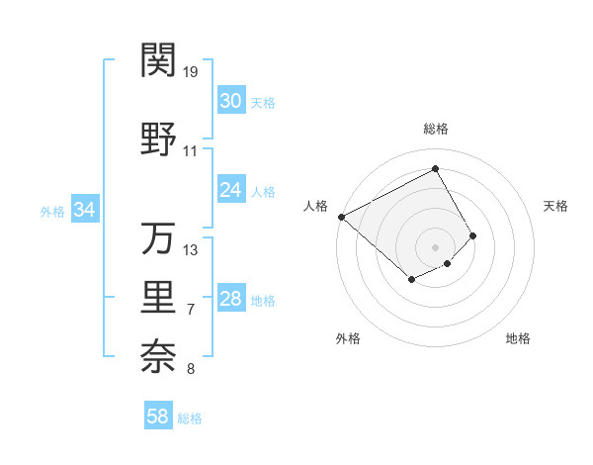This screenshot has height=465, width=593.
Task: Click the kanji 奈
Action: (x=159, y=356)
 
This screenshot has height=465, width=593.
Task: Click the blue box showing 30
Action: (x=231, y=101)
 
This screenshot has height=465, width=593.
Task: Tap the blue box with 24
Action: (x=231, y=190)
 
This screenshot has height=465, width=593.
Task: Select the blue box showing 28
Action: (x=231, y=299)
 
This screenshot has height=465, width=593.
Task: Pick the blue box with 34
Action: (x=85, y=210)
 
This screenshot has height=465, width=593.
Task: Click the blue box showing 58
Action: (x=158, y=417)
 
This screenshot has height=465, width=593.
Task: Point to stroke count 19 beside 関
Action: (x=192, y=72)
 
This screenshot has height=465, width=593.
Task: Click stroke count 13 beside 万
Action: (x=192, y=250)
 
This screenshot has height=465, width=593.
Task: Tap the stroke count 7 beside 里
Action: (x=190, y=310)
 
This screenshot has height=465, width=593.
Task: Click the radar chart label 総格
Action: (x=435, y=129)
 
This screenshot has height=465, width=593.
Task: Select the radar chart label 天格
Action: (x=555, y=206)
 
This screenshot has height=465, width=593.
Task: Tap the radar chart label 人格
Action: (x=315, y=206)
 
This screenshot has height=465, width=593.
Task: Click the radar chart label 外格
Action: (x=348, y=339)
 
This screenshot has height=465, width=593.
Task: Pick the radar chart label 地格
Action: (x=518, y=339)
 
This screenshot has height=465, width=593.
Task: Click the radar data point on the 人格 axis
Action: (x=341, y=217)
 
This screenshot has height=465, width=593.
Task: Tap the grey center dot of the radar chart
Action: (x=435, y=246)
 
